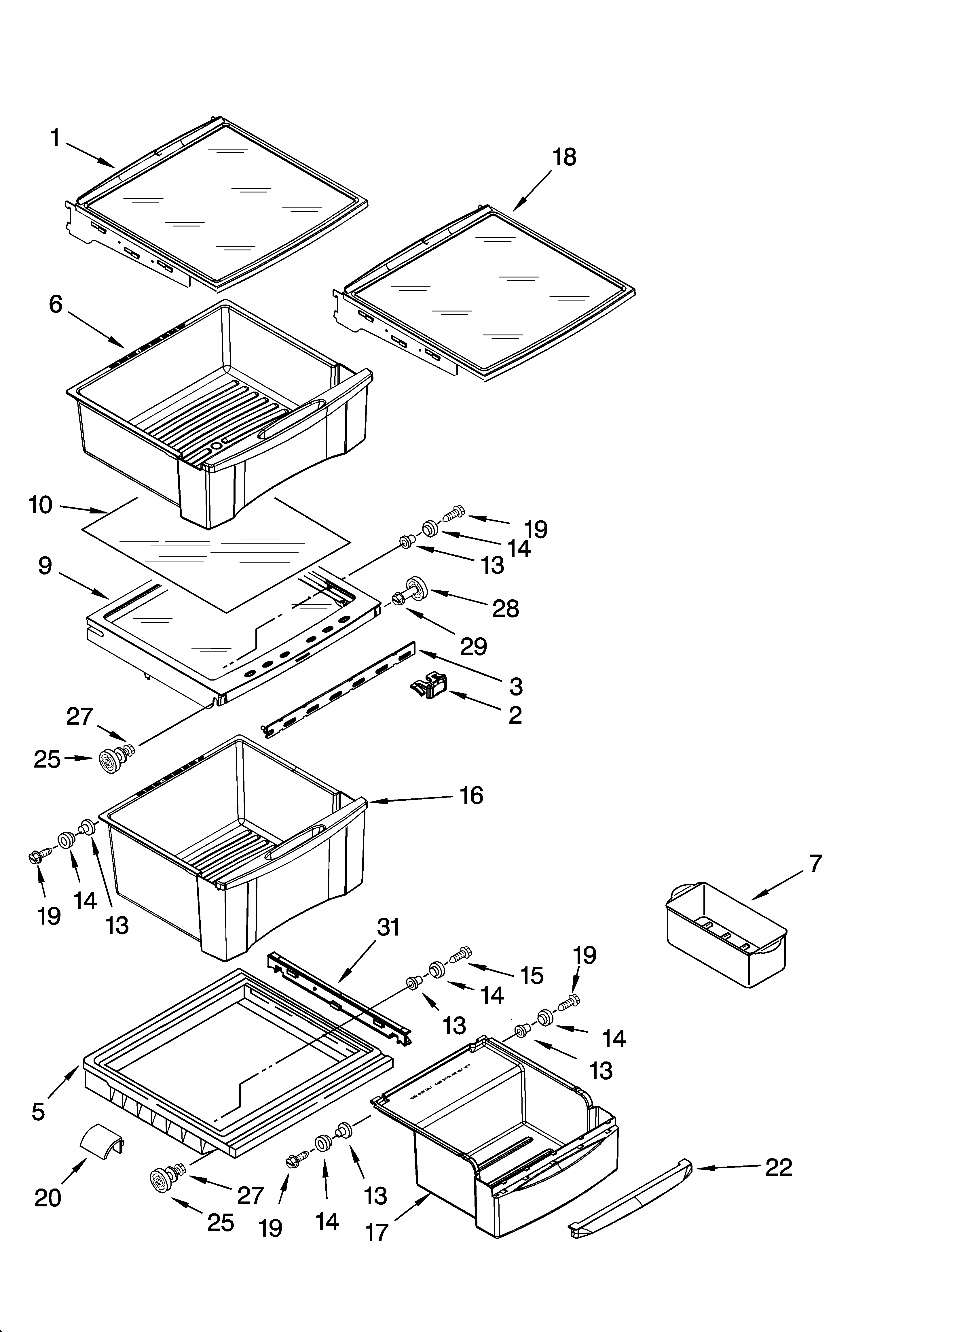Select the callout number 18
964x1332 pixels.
(x=564, y=157)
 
